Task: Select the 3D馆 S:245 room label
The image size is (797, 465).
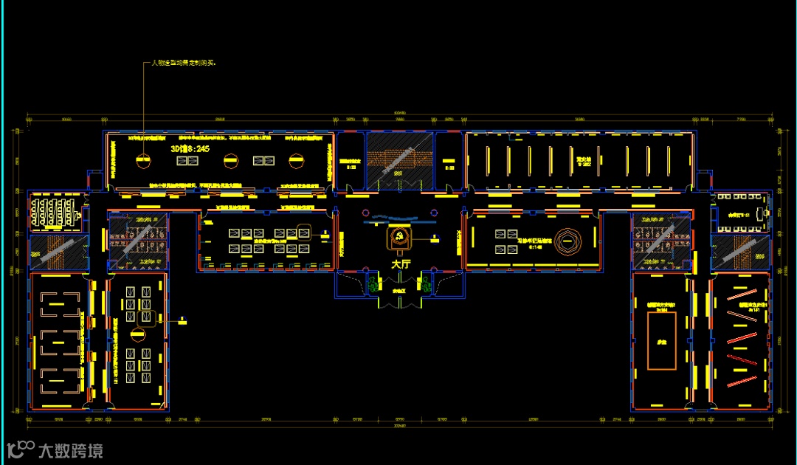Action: coord(190,148)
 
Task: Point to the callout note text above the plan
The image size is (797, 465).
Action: coord(183,63)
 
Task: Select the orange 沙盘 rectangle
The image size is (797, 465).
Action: coord(661,340)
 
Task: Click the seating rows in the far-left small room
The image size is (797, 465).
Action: coord(52,213)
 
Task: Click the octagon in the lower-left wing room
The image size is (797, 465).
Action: coord(137,335)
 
